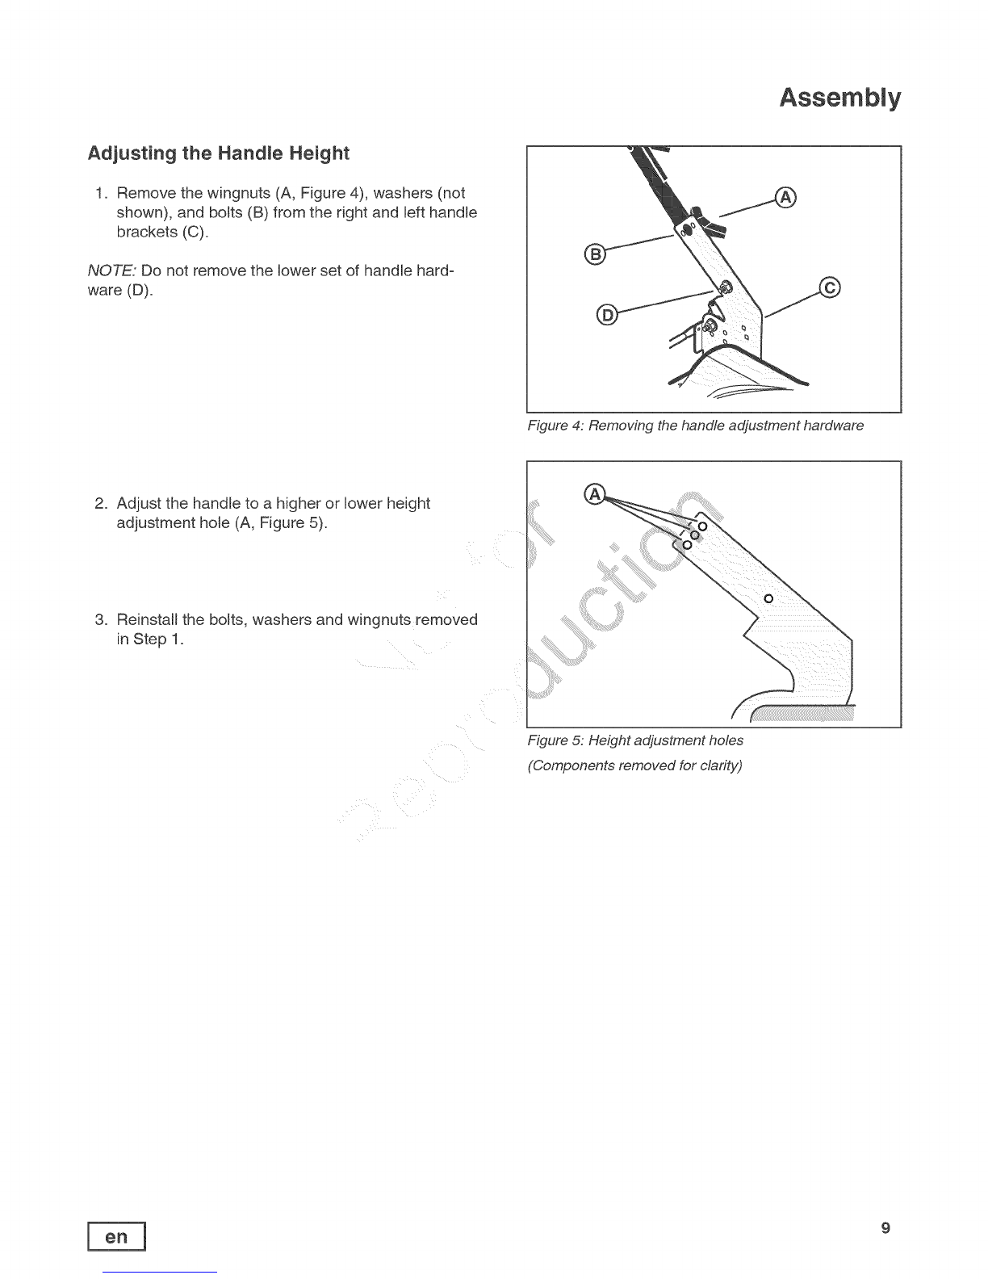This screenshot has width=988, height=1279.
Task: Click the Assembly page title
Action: tap(839, 98)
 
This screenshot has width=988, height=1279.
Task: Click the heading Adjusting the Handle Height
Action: tap(218, 153)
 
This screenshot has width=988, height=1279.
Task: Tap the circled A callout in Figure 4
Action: tap(785, 198)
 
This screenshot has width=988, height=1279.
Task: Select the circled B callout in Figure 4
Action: tap(595, 254)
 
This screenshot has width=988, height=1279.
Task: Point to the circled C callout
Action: tap(830, 287)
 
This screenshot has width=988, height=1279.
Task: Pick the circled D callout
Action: tap(607, 315)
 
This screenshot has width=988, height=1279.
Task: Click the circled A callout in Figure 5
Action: tap(595, 494)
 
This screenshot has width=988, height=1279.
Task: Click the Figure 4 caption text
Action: tap(695, 426)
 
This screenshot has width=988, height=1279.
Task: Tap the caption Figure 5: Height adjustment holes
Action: tap(635, 740)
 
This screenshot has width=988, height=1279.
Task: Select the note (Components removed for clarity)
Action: tap(634, 765)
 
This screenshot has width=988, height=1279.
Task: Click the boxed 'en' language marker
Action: tap(116, 1236)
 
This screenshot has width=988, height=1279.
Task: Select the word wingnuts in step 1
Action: tap(238, 194)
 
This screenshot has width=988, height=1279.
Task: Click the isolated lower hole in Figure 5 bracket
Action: tap(768, 598)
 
